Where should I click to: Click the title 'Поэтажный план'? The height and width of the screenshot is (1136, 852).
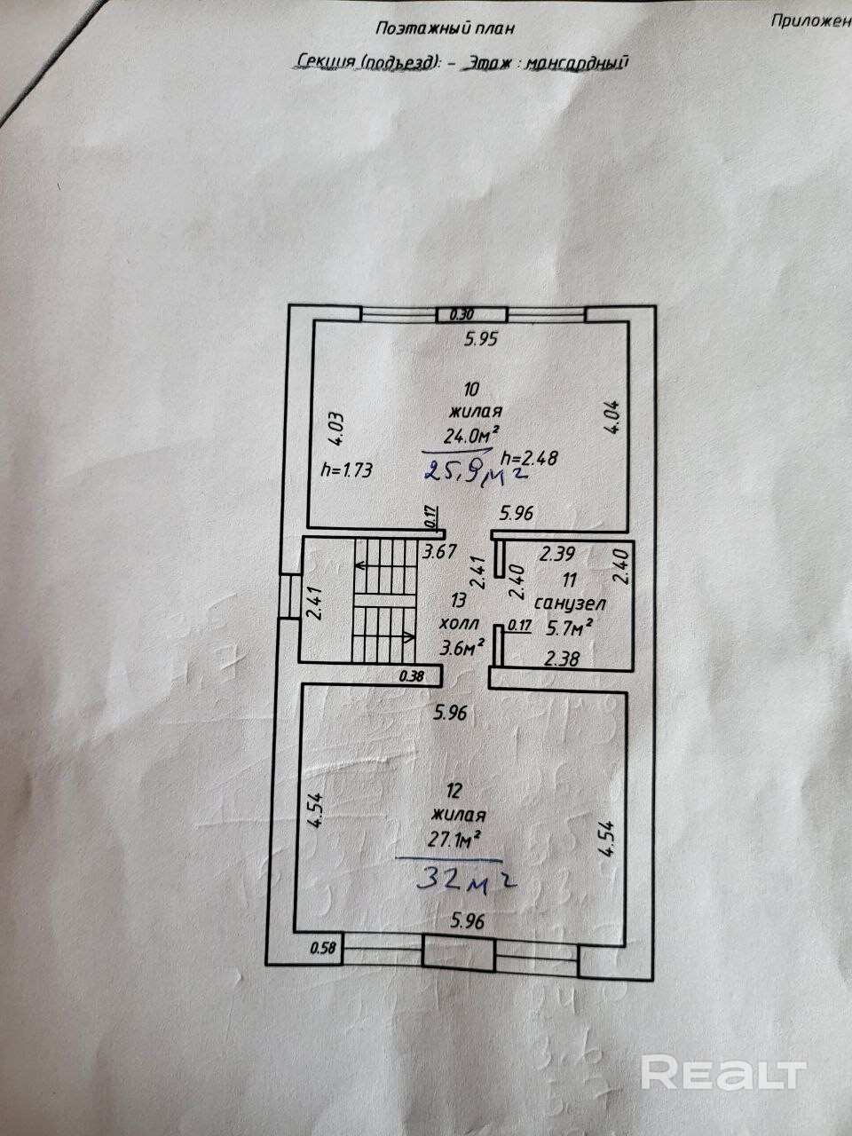(x=445, y=28)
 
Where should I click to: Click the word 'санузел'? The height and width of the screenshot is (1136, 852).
(x=570, y=604)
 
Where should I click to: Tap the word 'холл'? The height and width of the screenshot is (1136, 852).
(x=458, y=622)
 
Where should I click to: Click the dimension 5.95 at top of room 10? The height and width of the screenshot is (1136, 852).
(x=485, y=338)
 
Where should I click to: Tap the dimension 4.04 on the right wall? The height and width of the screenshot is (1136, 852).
(x=613, y=417)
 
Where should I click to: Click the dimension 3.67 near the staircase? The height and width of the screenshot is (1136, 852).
(x=438, y=551)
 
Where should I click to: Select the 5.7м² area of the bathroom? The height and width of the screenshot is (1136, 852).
(x=568, y=629)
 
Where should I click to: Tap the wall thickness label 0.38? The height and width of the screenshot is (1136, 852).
(x=412, y=675)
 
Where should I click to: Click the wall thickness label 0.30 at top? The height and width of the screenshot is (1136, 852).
(x=461, y=314)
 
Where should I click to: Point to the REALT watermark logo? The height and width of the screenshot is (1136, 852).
(x=722, y=1073)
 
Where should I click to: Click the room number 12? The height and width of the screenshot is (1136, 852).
(x=455, y=790)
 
